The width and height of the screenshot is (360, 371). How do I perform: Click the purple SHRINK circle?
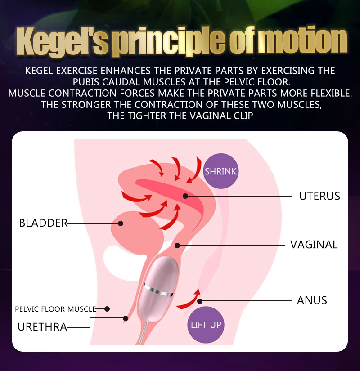click(221, 171)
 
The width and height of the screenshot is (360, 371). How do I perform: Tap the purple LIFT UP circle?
click(206, 325)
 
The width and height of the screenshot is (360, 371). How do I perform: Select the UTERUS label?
click(319, 196)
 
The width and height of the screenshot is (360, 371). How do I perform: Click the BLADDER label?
click(43, 223)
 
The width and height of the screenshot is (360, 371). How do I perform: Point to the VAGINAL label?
click(314, 245)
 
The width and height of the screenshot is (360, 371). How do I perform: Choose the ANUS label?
click(312, 300)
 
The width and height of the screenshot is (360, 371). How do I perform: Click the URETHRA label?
click(42, 327)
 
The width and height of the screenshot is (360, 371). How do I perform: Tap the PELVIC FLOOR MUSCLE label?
click(55, 309)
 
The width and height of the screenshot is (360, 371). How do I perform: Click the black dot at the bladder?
click(121, 223)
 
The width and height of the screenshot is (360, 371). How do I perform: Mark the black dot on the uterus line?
click(185, 196)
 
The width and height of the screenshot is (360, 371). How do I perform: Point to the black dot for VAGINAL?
click(177, 246)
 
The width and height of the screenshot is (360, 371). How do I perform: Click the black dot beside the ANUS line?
click(200, 301)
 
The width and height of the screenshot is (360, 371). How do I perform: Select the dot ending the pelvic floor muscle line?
click(107, 309)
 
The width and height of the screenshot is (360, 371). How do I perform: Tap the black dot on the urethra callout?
click(126, 318)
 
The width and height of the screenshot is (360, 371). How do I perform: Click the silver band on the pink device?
click(158, 290)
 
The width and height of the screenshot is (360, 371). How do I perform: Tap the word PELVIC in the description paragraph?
click(239, 82)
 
